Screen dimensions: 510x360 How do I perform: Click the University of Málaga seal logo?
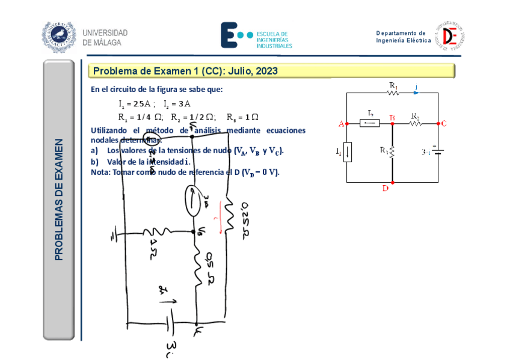pyautogui.click(x=59, y=37)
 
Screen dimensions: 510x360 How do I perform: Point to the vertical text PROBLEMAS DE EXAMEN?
pyautogui.click(x=59, y=200)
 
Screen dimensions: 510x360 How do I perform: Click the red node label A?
pyautogui.click(x=341, y=124)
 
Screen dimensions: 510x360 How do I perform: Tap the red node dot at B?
pyautogui.click(x=392, y=123)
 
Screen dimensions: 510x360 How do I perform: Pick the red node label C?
pyautogui.click(x=444, y=124)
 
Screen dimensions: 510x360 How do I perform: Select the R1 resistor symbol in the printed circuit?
pyautogui.click(x=393, y=93)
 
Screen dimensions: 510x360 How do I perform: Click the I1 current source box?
pyautogui.click(x=348, y=153)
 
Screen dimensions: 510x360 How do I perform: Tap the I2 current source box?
pyautogui.click(x=369, y=123)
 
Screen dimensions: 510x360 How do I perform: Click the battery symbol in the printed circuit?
pyautogui.click(x=438, y=152)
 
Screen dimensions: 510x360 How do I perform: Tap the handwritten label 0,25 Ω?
pyautogui.click(x=245, y=219)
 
